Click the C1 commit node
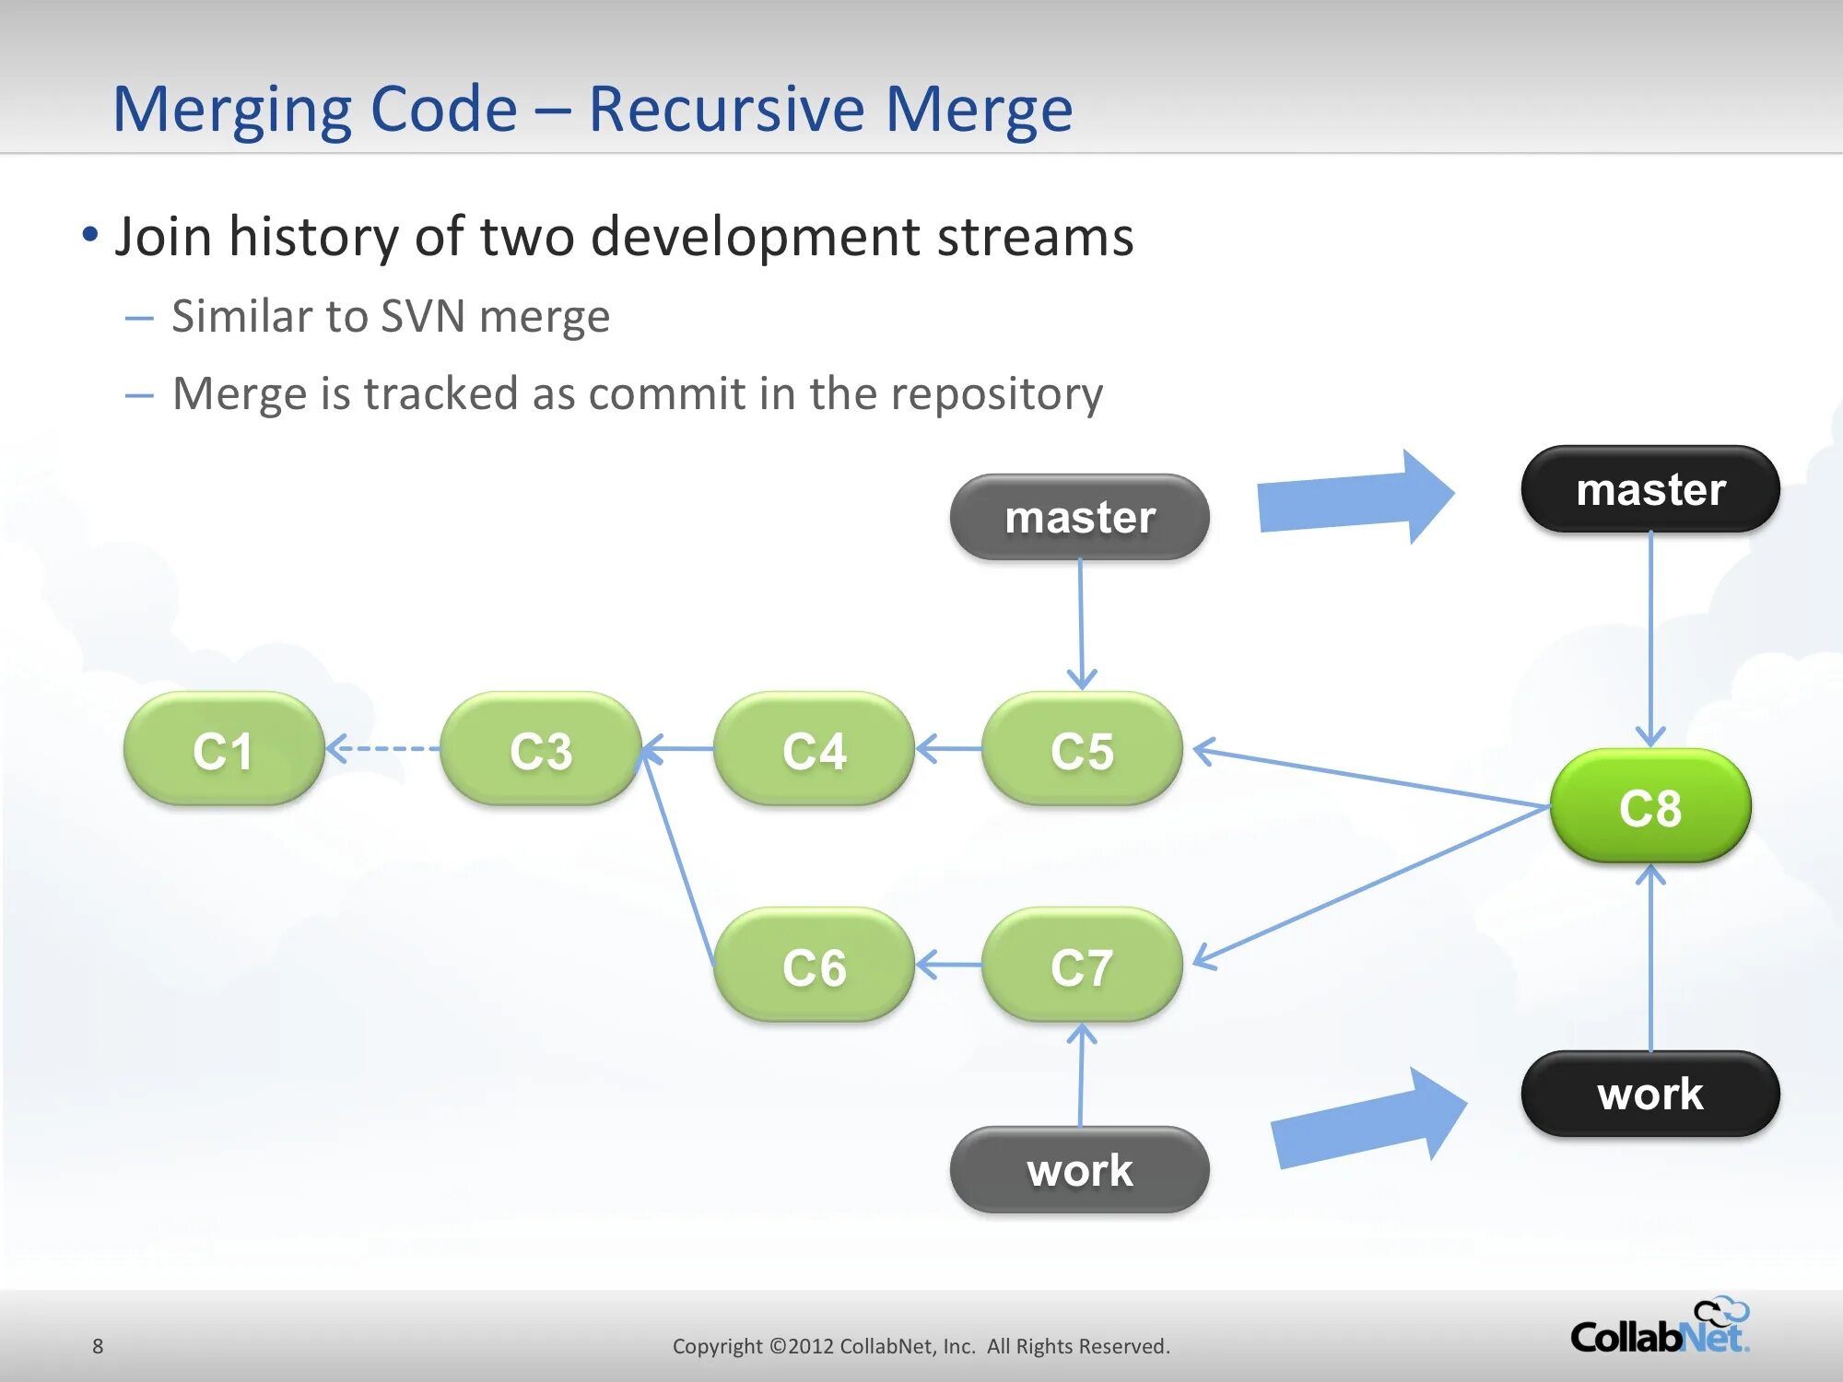(223, 749)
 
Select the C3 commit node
(541, 749)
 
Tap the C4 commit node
(814, 749)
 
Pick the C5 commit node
(1082, 749)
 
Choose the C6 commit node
(814, 966)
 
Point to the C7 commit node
(1082, 966)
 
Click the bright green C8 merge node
(1649, 806)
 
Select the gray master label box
(1079, 517)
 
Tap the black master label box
(1649, 489)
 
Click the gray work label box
(1079, 1170)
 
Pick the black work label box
(1649, 1094)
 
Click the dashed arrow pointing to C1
(382, 748)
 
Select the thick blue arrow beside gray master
(1355, 498)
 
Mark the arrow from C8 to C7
(1373, 884)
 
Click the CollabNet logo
(1659, 1329)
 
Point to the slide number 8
(98, 1346)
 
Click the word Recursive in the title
(725, 109)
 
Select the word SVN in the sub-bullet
(422, 316)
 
